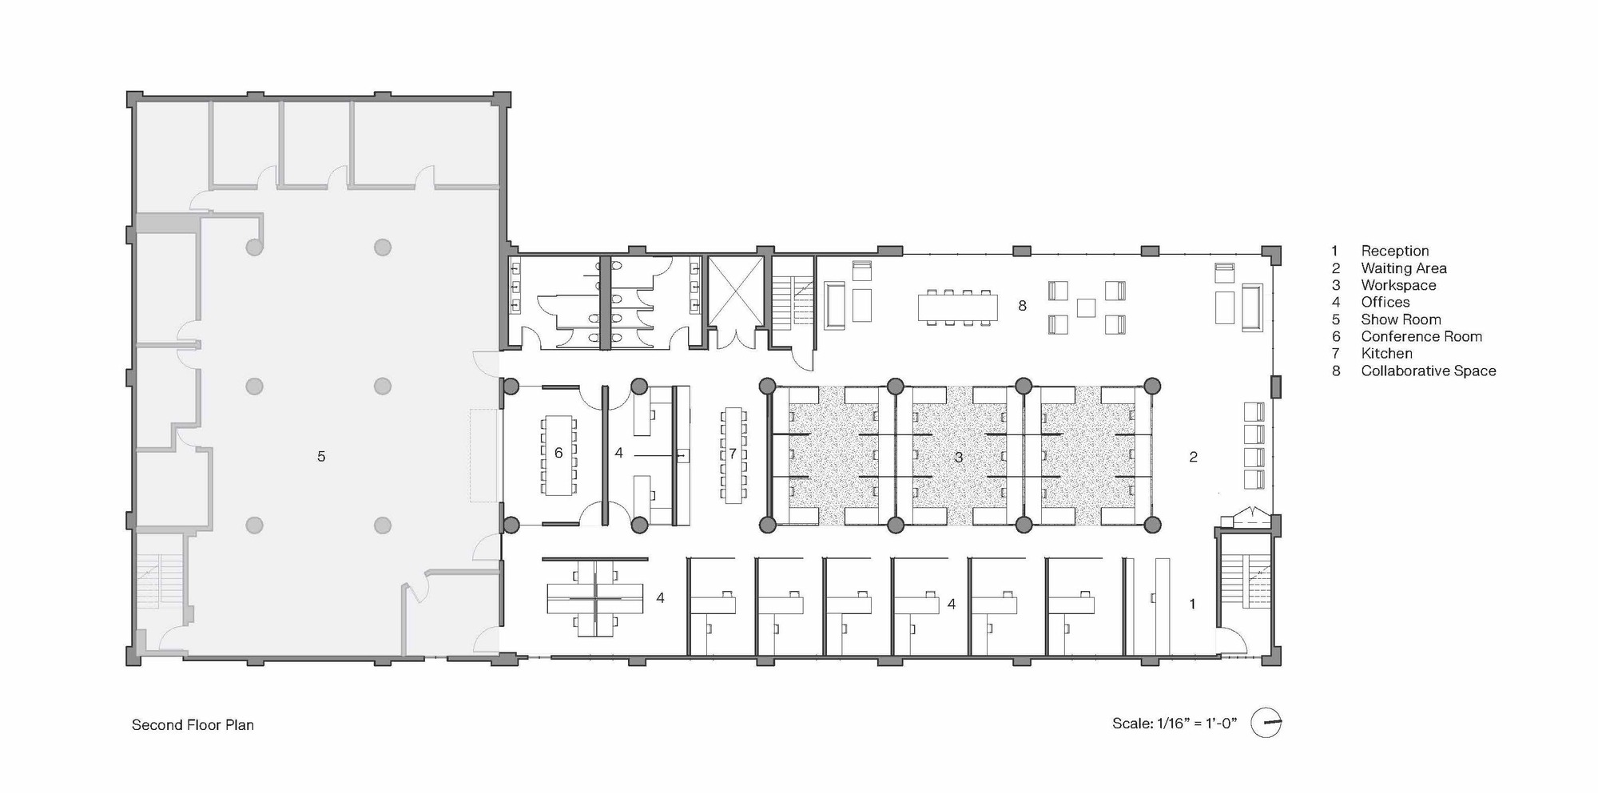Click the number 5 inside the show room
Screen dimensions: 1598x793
(x=321, y=457)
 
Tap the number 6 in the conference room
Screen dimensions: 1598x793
(x=559, y=454)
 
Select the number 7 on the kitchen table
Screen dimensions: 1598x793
(x=733, y=454)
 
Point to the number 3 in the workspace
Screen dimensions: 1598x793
(x=958, y=458)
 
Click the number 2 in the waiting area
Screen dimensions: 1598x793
(x=1193, y=457)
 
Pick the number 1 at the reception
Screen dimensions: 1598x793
(x=1192, y=604)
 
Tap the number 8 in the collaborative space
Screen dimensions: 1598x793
(x=1022, y=306)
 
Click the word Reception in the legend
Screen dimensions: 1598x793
(x=1395, y=251)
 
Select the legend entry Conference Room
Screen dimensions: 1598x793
(x=1421, y=337)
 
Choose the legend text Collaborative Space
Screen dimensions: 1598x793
(x=1429, y=371)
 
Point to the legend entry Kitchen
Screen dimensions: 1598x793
(x=1387, y=354)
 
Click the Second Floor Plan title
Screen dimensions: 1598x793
(x=193, y=725)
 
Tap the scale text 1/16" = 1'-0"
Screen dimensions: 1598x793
(x=1196, y=724)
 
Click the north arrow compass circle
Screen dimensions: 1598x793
(x=1266, y=723)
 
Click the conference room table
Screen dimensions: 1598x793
(x=558, y=454)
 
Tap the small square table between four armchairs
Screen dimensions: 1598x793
(x=1086, y=307)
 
